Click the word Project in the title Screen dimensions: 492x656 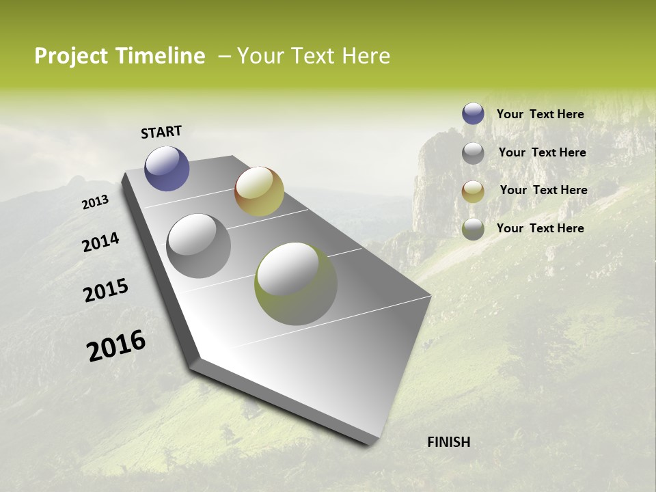(70, 56)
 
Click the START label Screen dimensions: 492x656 (161, 132)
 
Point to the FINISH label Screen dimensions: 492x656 (448, 442)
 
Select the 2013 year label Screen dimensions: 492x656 (95, 202)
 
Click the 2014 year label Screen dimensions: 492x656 (100, 242)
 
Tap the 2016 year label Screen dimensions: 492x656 (116, 346)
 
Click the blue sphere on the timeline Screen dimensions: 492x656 (167, 169)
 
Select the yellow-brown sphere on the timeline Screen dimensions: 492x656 (259, 191)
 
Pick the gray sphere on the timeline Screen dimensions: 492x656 (199, 246)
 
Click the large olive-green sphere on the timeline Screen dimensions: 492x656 (295, 284)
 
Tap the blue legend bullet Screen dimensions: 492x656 (473, 113)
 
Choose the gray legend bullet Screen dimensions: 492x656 (473, 153)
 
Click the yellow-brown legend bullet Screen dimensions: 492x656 (473, 191)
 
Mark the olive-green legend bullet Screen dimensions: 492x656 (473, 229)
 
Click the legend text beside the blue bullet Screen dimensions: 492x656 (540, 114)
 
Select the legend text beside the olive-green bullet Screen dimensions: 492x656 (540, 228)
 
